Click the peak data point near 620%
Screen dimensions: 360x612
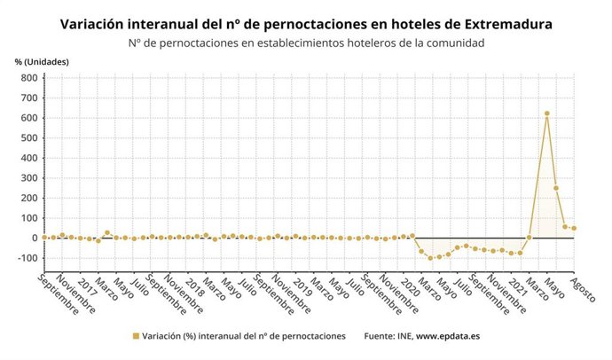click(x=547, y=113)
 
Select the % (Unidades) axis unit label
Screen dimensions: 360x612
click(x=42, y=61)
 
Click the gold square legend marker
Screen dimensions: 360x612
click(x=136, y=336)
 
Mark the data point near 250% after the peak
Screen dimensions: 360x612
click(x=556, y=188)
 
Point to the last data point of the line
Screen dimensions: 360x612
click(x=574, y=228)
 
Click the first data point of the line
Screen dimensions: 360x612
click(x=44, y=237)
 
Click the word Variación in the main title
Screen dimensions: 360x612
click(x=94, y=25)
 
